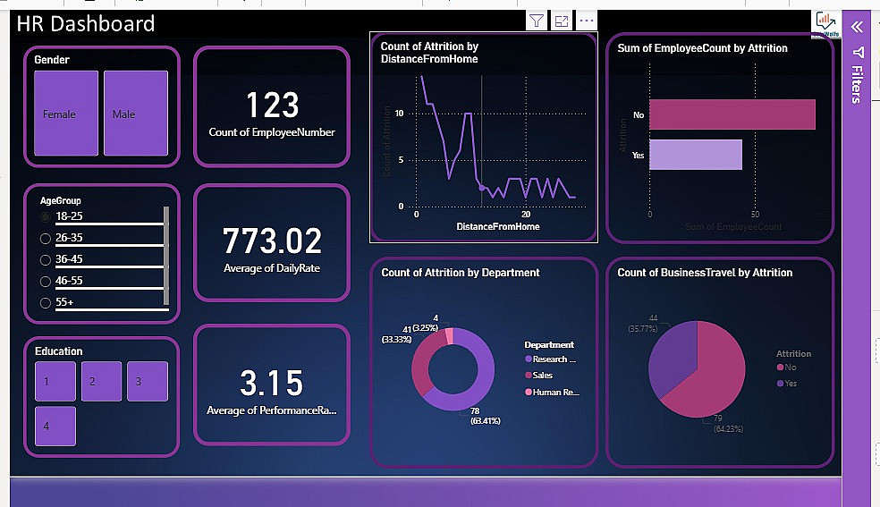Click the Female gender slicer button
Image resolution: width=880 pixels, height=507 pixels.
65,114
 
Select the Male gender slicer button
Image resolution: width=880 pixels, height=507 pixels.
135,114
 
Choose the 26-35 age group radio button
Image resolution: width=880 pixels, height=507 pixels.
46,238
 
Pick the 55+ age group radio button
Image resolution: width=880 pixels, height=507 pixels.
46,303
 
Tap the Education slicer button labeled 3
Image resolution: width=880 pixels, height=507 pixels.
147,381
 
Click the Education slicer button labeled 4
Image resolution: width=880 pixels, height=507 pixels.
55,426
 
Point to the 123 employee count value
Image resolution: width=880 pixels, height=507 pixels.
272,106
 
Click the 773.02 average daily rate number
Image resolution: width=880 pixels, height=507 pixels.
272,241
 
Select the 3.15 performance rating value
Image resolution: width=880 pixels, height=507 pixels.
272,383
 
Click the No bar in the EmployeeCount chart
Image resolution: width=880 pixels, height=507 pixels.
732,114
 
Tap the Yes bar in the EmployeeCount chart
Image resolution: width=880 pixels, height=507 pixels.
695,155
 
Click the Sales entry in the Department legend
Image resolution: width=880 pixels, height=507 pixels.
543,376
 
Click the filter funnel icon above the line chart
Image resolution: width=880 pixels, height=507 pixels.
536,21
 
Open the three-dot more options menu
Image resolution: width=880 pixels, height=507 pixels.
587,21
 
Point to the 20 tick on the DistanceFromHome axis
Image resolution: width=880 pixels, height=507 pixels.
526,215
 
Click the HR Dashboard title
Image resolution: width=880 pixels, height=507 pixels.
86,24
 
